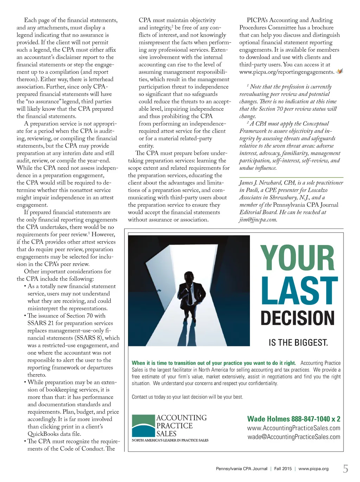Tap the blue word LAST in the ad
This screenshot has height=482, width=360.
pos(299,291)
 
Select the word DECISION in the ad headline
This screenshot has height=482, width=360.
pos(297,318)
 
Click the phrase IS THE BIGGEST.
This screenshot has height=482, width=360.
pos(298,342)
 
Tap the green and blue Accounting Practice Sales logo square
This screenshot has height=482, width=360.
pos(143,425)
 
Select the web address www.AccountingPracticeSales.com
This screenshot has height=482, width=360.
pos(294,428)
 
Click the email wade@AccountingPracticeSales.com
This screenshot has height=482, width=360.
pos(294,437)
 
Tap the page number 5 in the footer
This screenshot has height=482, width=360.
pos(346,469)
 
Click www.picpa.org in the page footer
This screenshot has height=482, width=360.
pos(313,469)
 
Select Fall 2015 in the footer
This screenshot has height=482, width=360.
pos(283,469)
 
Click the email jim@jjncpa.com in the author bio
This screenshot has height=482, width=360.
pos(258,220)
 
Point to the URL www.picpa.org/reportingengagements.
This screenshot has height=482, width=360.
pos(287,72)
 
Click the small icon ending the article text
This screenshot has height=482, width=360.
pos(340,71)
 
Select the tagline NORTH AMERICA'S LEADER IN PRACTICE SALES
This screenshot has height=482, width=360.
pos(170,440)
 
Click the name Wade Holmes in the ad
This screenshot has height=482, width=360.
pos(268,419)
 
